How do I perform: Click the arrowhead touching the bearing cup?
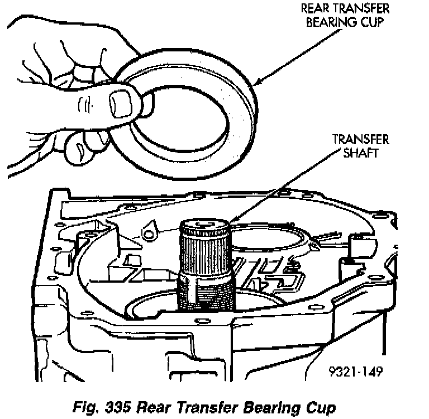pos(258,83)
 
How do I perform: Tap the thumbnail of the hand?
pos(121,104)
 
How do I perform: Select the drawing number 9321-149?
pos(356,370)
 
